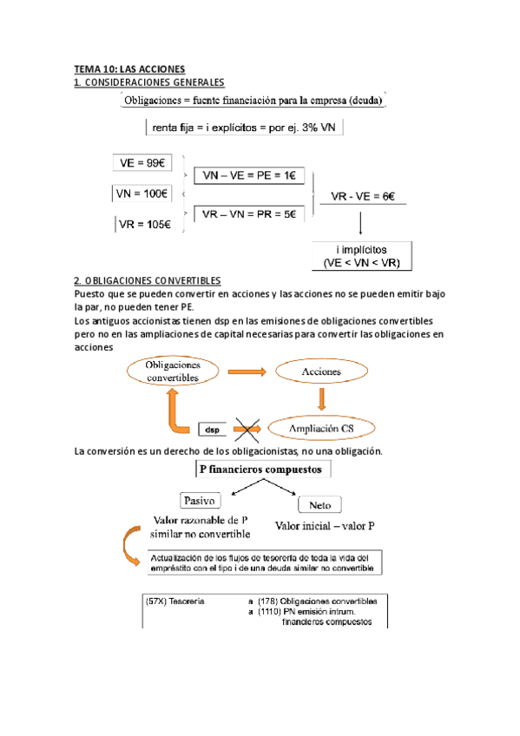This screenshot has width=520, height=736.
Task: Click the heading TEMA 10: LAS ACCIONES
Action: click(x=129, y=69)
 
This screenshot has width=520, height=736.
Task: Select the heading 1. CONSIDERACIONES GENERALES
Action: click(x=148, y=82)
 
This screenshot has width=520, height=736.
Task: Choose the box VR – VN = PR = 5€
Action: click(x=248, y=214)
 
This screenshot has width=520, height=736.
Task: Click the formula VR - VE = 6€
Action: click(x=363, y=197)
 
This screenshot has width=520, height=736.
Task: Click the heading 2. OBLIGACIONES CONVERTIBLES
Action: click(x=148, y=280)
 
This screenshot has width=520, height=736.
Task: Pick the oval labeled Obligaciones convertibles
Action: click(x=172, y=371)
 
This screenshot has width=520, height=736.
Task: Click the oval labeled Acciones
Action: click(x=321, y=371)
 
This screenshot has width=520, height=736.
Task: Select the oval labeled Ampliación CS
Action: click(x=322, y=428)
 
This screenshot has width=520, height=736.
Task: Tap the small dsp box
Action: click(x=213, y=429)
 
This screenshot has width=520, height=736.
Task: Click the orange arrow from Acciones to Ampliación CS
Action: click(x=322, y=399)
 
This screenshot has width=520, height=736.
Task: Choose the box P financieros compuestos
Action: click(x=260, y=470)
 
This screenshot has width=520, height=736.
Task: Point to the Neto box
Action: click(x=319, y=504)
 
